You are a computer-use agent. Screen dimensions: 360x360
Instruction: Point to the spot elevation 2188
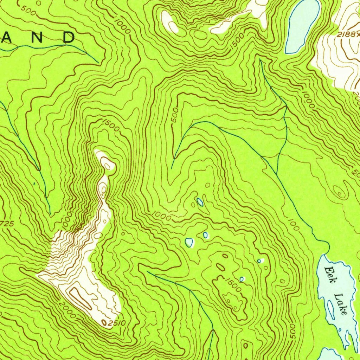[x=348, y=34]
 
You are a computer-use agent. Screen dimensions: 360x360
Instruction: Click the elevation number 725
[x=7, y=224]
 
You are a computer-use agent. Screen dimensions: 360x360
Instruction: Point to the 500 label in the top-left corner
[x=28, y=10]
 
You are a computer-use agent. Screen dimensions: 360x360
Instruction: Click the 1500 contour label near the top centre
[x=237, y=43]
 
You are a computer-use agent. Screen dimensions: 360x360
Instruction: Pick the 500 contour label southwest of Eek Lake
[x=292, y=332]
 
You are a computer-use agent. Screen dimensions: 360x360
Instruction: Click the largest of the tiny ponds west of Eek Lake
[x=189, y=242]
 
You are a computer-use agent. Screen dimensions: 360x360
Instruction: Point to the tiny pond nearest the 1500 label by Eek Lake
[x=242, y=279]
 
